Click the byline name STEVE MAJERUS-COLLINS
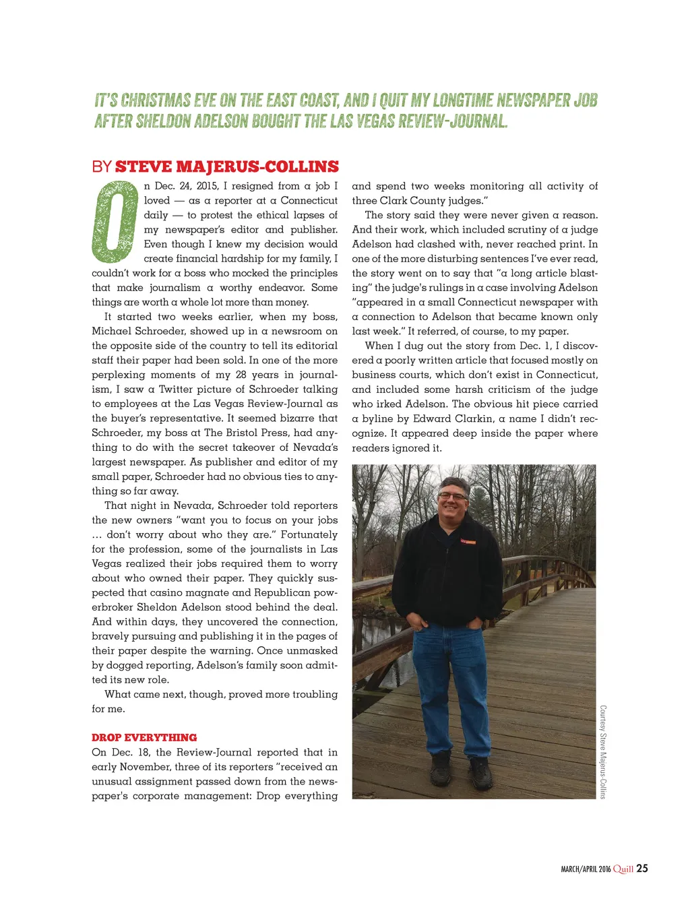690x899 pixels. (227, 167)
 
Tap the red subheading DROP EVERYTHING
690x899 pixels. (144, 737)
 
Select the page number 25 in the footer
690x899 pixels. (642, 869)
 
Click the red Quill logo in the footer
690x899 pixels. (623, 869)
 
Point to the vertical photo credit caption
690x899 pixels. (603, 751)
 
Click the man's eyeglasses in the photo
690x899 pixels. (452, 496)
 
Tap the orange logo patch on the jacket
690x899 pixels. (468, 541)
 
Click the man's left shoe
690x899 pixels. (480, 773)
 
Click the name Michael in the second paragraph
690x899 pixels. (111, 331)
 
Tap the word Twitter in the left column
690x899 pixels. (179, 390)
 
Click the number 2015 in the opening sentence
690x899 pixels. (208, 186)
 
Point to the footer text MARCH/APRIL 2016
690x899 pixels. (586, 869)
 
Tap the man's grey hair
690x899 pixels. (453, 483)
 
